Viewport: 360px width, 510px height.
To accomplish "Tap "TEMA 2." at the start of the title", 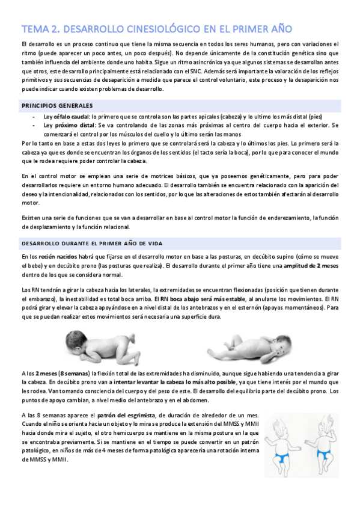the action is point(40,29).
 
